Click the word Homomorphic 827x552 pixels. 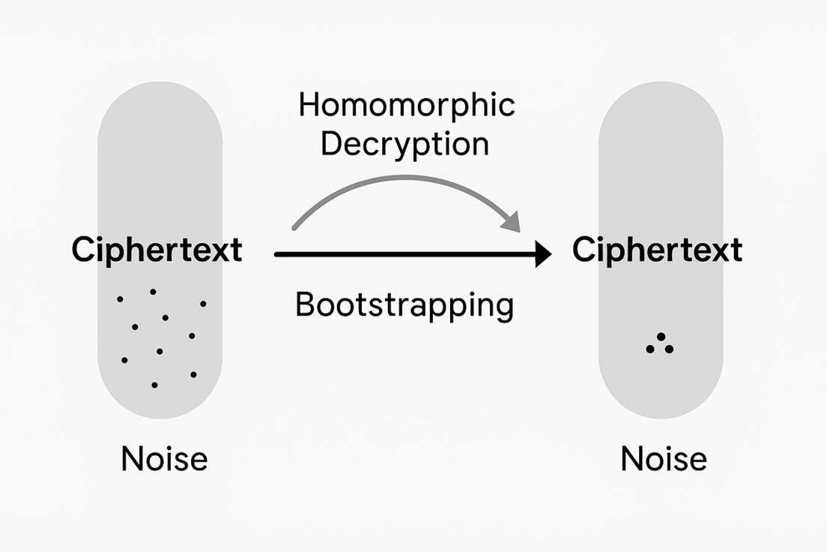click(407, 106)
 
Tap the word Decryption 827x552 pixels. click(405, 144)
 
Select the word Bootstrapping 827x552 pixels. click(405, 306)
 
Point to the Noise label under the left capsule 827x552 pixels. click(164, 458)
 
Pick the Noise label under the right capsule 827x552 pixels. click(664, 458)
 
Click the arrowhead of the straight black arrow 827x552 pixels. click(542, 255)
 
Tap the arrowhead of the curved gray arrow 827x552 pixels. click(512, 223)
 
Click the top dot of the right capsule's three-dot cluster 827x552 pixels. click(661, 337)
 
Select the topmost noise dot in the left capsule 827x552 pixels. click(153, 292)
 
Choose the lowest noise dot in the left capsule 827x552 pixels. click(154, 385)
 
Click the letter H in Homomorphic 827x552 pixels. click(308, 106)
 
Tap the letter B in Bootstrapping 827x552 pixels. click(306, 305)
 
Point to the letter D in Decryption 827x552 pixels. click(330, 143)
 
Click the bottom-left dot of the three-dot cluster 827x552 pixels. click(649, 349)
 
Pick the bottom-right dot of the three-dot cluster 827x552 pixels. click(670, 349)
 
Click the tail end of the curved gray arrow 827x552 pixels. click(294, 227)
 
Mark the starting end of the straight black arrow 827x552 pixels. click(276, 255)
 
